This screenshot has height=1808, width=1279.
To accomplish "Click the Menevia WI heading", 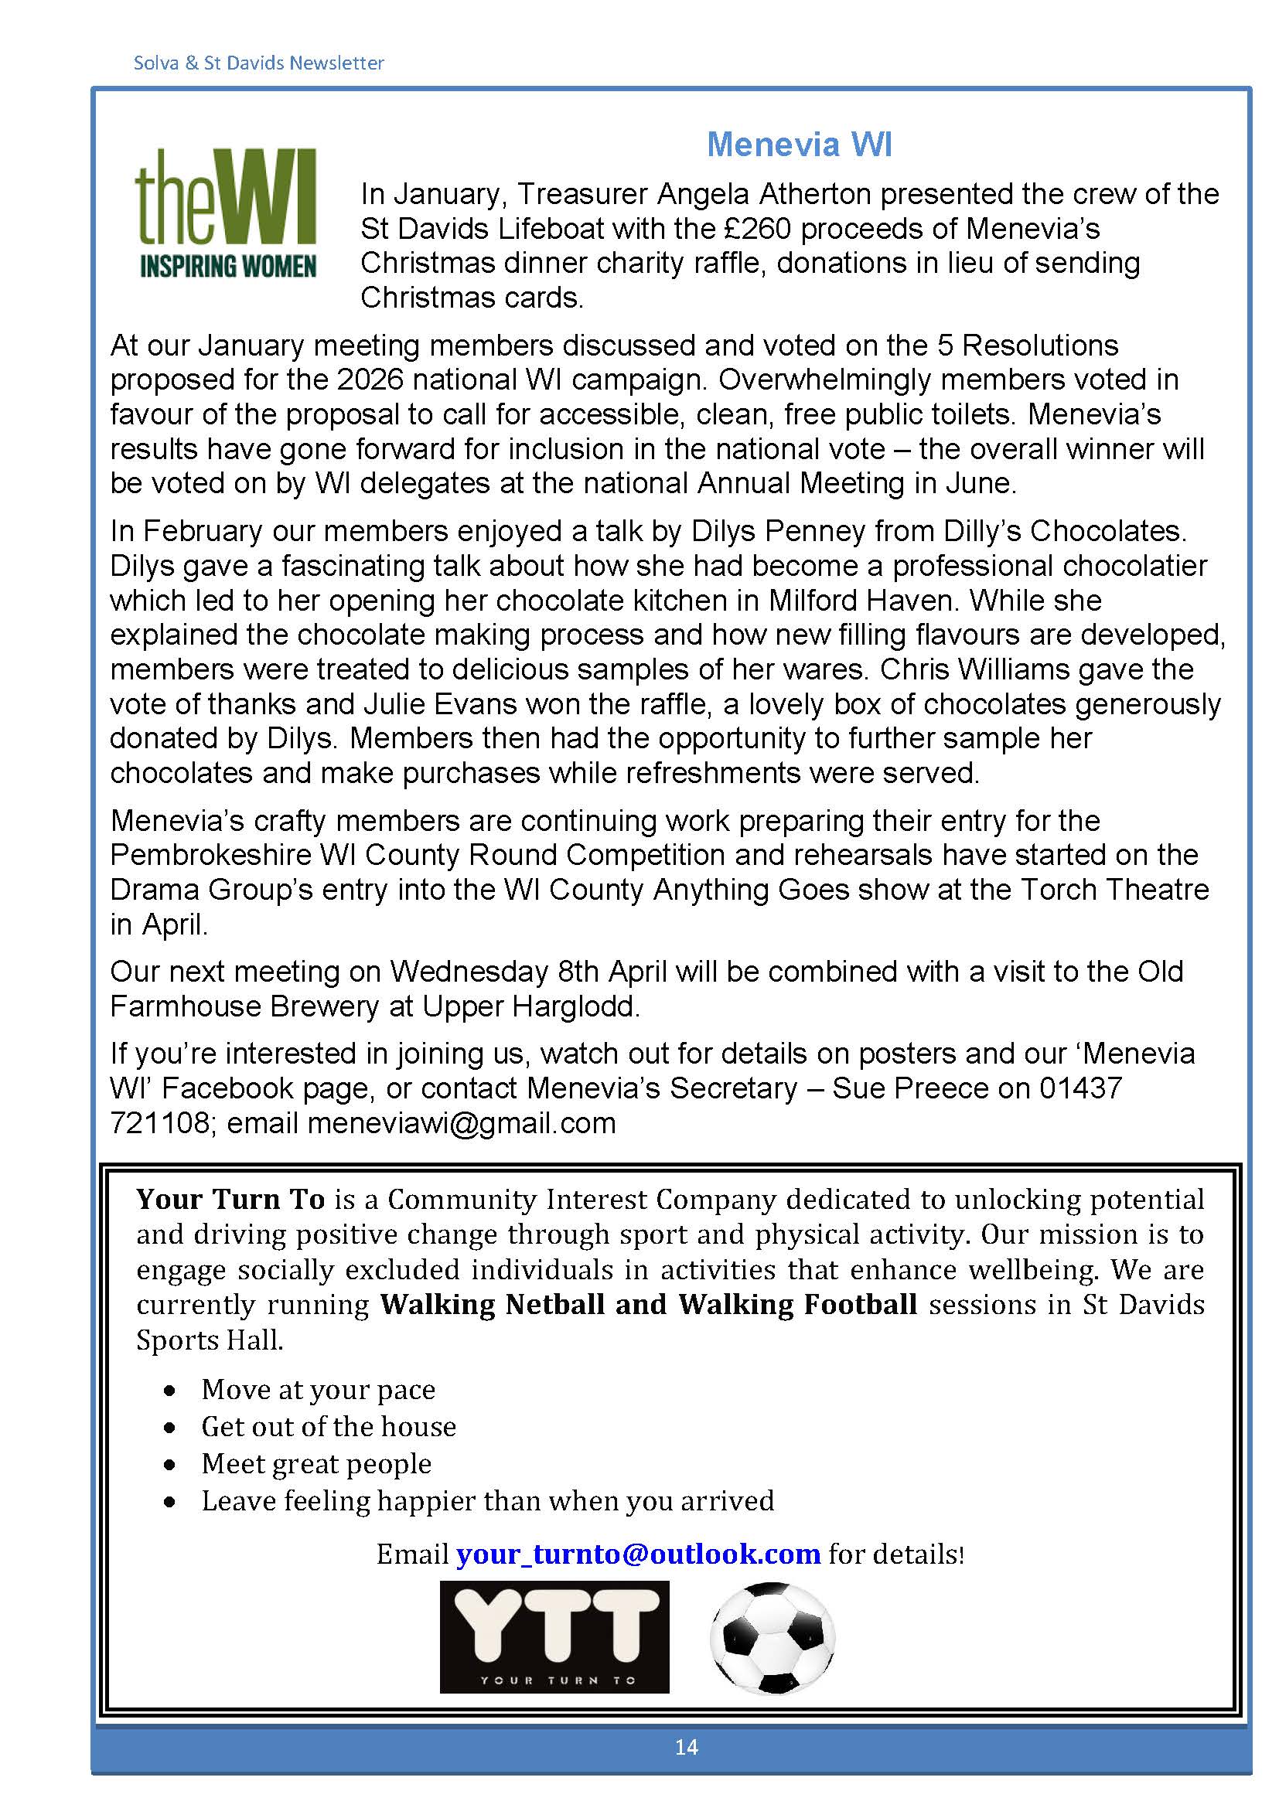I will [799, 145].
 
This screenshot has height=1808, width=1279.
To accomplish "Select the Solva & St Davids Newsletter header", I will [258, 63].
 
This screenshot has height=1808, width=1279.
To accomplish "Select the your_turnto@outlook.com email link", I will [638, 1554].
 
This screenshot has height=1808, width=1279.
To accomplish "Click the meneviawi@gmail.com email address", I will [462, 1123].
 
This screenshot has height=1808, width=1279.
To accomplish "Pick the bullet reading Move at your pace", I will [318, 1390].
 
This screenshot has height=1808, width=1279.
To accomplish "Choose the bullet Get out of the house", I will [329, 1427].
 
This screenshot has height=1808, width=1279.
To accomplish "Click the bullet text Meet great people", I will [315, 1464].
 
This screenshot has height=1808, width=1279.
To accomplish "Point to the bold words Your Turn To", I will [230, 1200].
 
